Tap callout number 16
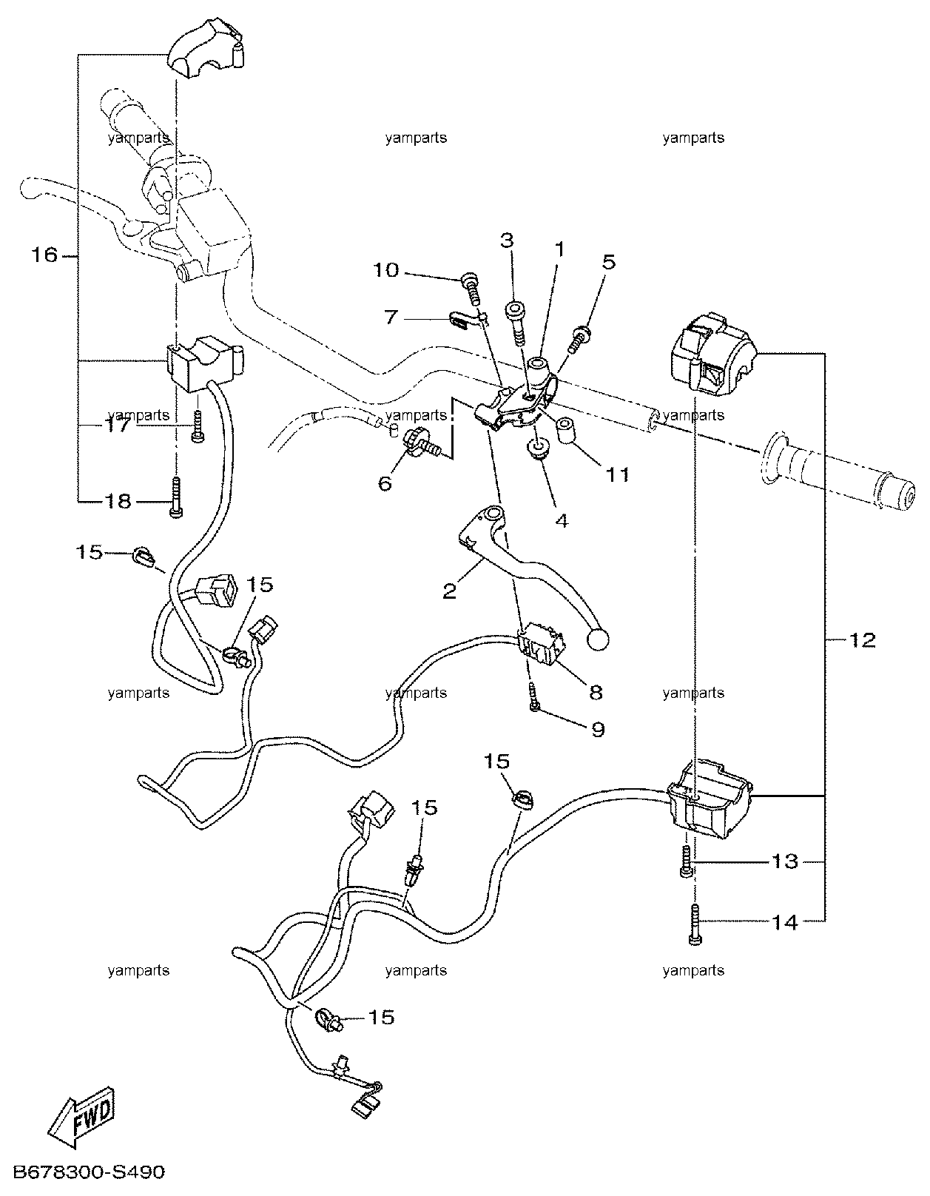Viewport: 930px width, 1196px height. pyautogui.click(x=44, y=255)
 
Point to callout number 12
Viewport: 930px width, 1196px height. pyautogui.click(x=862, y=640)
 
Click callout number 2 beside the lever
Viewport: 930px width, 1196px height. pyautogui.click(x=450, y=592)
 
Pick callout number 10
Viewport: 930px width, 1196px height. pyautogui.click(x=386, y=270)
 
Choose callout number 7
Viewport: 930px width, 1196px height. pyautogui.click(x=391, y=318)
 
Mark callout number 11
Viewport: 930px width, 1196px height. pyautogui.click(x=617, y=474)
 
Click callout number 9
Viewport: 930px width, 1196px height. pyautogui.click(x=597, y=730)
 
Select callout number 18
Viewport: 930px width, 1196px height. pyautogui.click(x=118, y=501)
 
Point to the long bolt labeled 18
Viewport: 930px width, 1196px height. pyautogui.click(x=176, y=497)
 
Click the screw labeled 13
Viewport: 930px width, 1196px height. pyautogui.click(x=686, y=862)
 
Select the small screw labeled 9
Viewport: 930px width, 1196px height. pyautogui.click(x=533, y=696)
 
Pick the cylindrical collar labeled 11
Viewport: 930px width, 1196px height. pyautogui.click(x=566, y=431)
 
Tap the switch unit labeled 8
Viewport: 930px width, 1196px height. pyautogui.click(x=541, y=646)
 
